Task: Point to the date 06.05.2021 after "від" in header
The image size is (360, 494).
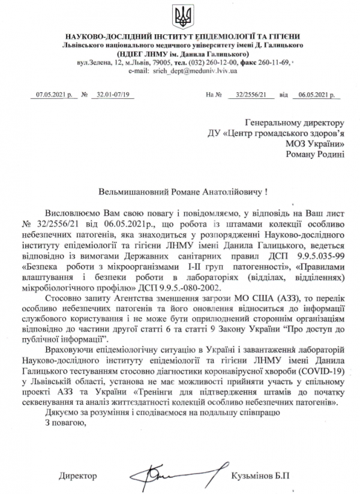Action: coord(314,94)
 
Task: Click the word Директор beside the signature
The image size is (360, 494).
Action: coord(77,476)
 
